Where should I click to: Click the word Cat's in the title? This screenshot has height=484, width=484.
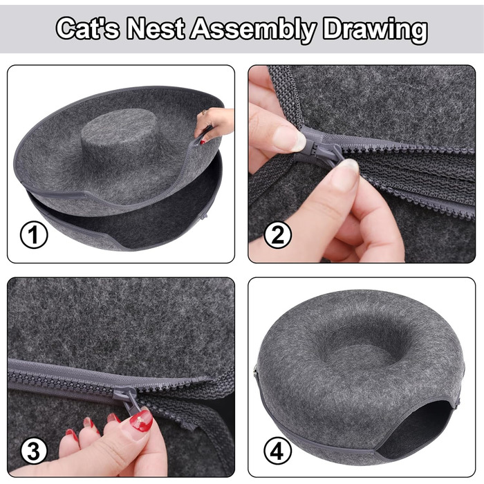[x=87, y=28]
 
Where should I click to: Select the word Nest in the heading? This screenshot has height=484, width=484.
[x=156, y=28]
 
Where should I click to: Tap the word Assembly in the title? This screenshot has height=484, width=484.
[x=253, y=29]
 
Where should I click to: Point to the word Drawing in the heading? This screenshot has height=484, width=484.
[x=375, y=30]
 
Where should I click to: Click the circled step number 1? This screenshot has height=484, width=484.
[x=34, y=235]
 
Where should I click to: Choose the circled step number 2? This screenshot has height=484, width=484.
[x=277, y=235]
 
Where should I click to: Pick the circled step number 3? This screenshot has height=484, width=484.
[x=34, y=452]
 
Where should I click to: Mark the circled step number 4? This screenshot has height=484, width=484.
[x=277, y=452]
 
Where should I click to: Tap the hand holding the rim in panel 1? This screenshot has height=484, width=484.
[x=214, y=124]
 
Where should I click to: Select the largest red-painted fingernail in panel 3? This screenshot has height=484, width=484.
[x=141, y=420]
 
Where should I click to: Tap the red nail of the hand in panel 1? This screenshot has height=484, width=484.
[x=203, y=142]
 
